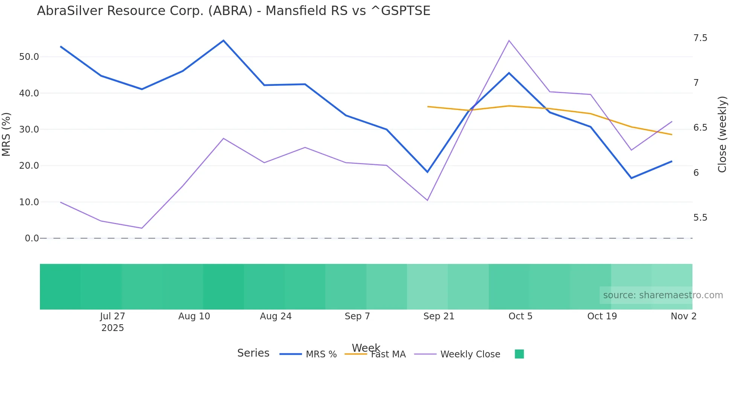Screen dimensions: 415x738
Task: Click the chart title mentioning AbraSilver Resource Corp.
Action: (233, 11)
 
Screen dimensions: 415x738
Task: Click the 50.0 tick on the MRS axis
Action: (29, 57)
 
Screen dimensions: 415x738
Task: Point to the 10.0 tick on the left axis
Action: (29, 202)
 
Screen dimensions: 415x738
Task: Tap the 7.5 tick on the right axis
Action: (700, 38)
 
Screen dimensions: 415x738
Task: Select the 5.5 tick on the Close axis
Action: (700, 218)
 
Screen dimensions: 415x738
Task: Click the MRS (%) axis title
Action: (6, 134)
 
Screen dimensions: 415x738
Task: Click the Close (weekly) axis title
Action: (722, 134)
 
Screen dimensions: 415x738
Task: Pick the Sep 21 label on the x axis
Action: (439, 316)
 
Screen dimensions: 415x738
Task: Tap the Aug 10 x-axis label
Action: (194, 316)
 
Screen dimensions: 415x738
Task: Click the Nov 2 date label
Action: (683, 316)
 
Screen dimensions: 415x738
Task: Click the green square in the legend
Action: (519, 354)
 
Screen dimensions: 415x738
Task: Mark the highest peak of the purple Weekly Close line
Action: (509, 41)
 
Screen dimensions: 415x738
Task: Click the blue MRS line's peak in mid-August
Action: (223, 40)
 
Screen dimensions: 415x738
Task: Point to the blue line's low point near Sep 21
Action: (427, 172)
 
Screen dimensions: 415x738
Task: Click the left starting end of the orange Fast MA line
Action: (428, 107)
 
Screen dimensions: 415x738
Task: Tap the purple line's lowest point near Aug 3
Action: (142, 228)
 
